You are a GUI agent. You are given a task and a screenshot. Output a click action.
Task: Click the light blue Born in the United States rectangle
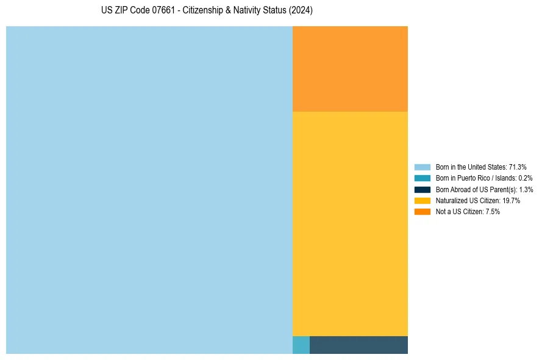(x=149, y=190)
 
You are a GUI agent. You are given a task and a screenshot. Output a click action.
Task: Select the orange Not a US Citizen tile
(x=350, y=68)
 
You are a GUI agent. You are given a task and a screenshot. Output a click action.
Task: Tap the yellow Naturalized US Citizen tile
(x=350, y=223)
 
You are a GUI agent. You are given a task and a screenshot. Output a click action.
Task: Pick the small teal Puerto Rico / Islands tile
(x=301, y=345)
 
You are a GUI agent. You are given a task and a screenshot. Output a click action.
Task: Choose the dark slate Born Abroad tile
(x=358, y=345)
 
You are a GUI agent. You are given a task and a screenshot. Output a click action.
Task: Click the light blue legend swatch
(x=422, y=167)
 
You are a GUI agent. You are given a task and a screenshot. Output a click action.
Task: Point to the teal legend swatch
(x=422, y=178)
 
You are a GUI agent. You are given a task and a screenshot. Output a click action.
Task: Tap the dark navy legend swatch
(x=422, y=189)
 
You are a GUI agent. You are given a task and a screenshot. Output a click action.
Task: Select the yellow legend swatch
(x=422, y=200)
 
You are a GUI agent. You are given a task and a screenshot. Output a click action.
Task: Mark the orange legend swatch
(x=422, y=211)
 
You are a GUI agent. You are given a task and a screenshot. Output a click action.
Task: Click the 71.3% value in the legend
(x=518, y=167)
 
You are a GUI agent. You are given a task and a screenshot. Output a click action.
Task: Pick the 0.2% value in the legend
(x=526, y=178)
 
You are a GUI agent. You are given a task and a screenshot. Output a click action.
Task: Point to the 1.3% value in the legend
(x=526, y=189)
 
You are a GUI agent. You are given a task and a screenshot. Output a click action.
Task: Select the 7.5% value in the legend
(x=492, y=211)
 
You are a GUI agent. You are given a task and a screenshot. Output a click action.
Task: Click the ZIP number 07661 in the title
(x=155, y=11)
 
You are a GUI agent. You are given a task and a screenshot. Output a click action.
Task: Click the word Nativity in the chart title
(x=245, y=11)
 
